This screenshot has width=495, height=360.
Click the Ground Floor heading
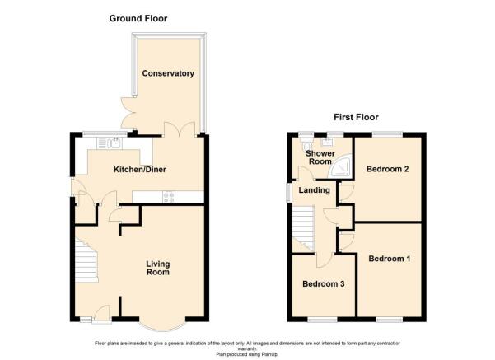click(138, 19)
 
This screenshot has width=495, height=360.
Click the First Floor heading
click(356, 117)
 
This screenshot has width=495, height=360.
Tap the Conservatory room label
click(168, 73)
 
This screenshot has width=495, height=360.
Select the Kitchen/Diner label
click(140, 170)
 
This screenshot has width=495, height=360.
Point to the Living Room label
click(158, 268)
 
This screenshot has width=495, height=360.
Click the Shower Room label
click(320, 157)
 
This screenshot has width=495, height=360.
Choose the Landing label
click(314, 190)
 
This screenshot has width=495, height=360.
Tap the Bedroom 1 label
click(390, 259)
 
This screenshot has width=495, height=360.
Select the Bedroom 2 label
click(387, 169)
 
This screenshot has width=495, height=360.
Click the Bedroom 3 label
click(323, 284)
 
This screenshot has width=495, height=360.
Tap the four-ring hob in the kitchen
click(169, 198)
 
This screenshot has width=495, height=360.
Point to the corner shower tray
click(339, 166)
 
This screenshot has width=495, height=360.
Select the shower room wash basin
click(327, 143)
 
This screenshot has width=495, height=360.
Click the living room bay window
click(162, 325)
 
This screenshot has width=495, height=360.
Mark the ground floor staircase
click(86, 259)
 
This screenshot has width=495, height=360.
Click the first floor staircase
click(303, 229)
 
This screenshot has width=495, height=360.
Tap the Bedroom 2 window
click(387, 134)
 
